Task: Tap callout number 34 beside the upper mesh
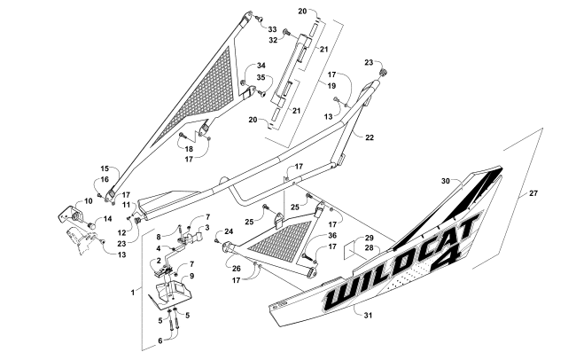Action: [x=261, y=67]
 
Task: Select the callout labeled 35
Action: [x=261, y=78]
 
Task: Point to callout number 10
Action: [x=64, y=200]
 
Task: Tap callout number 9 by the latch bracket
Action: [x=189, y=277]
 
